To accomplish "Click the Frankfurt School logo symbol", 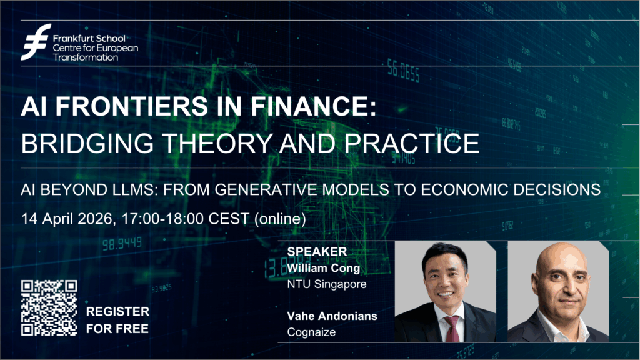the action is (36, 42).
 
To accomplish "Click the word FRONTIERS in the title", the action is (132, 106).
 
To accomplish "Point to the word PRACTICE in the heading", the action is (412, 143).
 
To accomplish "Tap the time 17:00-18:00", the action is (163, 219).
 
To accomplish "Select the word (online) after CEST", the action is (280, 219).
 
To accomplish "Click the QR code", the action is (49, 307).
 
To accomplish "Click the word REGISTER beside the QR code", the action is (117, 312).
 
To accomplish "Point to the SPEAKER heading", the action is (317, 251).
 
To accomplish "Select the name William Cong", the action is (324, 268).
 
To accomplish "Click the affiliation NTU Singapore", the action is (327, 284).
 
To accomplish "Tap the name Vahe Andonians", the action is (332, 316).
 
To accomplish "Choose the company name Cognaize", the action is (311, 332).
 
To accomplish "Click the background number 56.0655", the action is (403, 72).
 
